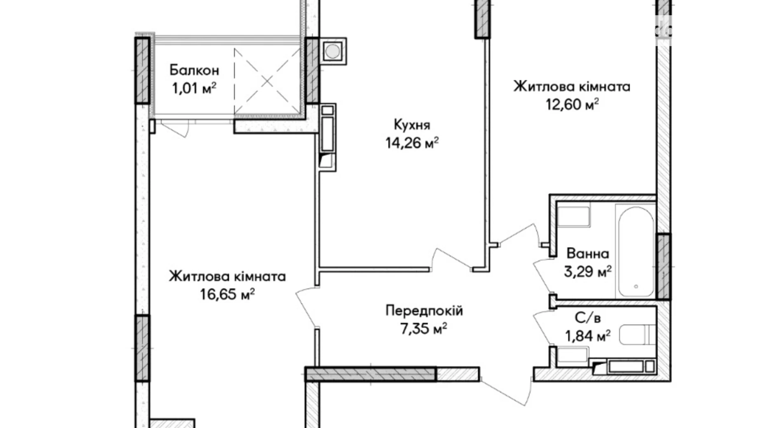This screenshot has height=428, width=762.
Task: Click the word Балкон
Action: point(194,70)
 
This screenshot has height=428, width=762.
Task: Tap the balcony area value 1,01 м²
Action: point(194,88)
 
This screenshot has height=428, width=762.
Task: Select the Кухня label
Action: point(412,124)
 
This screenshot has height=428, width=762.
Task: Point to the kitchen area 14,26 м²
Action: point(412,143)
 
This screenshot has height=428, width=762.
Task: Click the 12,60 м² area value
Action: point(572,105)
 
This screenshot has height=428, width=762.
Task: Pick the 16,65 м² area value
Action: point(227,294)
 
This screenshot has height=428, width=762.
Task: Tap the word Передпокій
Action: point(424,310)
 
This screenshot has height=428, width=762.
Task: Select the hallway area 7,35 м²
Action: point(424,329)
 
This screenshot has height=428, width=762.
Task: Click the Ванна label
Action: point(588,254)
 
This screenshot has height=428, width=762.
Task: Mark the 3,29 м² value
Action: point(587,272)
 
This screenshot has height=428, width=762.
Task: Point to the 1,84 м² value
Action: point(587,336)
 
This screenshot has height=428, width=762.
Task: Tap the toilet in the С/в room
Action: point(637,335)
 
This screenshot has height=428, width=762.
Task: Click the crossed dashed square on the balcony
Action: point(267,81)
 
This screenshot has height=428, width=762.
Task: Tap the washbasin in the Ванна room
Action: point(573,216)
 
